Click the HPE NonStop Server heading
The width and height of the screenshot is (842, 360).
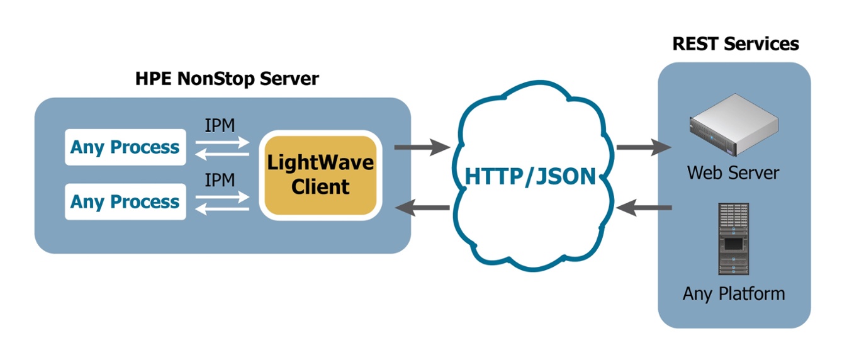[x=227, y=79]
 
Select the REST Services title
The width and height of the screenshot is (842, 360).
[x=735, y=43]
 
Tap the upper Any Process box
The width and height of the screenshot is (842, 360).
[x=125, y=147]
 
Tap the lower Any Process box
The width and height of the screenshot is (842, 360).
[x=125, y=202]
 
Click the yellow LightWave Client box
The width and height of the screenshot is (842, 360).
[x=320, y=175]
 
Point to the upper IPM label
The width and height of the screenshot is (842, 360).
[x=220, y=125]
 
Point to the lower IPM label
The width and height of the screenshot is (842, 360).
[x=220, y=180]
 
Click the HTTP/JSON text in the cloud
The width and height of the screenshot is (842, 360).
[x=529, y=177]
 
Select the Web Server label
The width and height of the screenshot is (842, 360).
[x=733, y=172]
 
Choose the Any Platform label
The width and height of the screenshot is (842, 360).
[x=734, y=293]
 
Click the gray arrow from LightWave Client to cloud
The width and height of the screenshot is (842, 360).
[x=421, y=149]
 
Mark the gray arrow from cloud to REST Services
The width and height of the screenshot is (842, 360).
[x=644, y=147]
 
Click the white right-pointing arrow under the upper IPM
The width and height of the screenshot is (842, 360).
[x=222, y=142]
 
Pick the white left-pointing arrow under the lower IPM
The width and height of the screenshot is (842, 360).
[x=222, y=209]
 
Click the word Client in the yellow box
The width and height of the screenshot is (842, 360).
[x=320, y=187]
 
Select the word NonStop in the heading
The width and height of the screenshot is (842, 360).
[x=214, y=79]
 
